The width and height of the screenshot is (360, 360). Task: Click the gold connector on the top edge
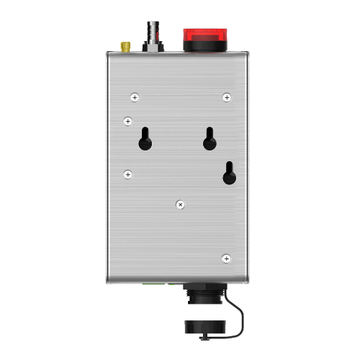125,47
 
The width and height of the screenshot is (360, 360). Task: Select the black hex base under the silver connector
153,46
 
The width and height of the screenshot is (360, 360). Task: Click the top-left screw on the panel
134,96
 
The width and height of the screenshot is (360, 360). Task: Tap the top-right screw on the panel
227,96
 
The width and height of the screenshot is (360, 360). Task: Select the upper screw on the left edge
127,121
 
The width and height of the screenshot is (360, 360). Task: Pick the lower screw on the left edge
127,174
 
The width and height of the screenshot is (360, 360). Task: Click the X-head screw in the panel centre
181,205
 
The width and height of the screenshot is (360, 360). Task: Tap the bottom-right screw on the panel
226,257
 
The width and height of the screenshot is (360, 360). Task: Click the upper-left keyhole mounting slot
145,139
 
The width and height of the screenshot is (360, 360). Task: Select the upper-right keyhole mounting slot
209,139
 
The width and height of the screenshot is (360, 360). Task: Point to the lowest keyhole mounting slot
228,174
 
